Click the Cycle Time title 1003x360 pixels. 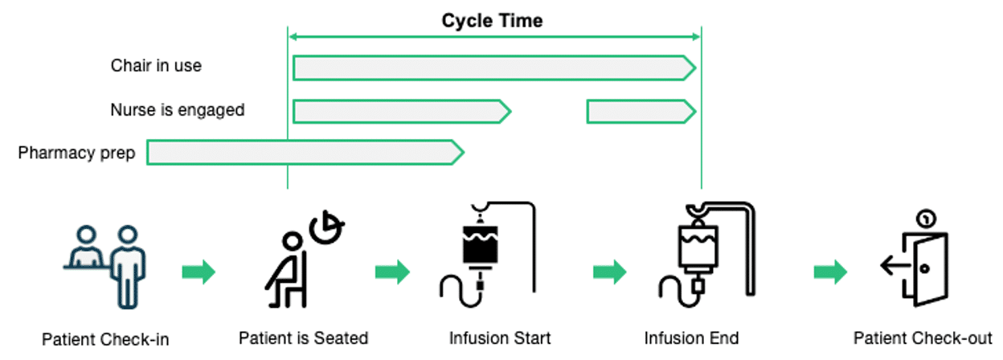(492, 21)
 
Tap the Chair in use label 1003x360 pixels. (156, 65)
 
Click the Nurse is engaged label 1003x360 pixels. (178, 109)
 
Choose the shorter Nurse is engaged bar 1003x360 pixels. (641, 112)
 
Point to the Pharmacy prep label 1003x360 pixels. (77, 152)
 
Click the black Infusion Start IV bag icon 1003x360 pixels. (487, 252)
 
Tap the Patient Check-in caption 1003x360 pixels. (105, 339)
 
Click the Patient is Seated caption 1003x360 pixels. (303, 337)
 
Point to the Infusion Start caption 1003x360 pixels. (500, 337)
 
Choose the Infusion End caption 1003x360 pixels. (691, 337)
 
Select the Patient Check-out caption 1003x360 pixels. (923, 337)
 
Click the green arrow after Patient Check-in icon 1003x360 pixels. (199, 272)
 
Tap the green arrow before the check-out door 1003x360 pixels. (830, 272)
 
